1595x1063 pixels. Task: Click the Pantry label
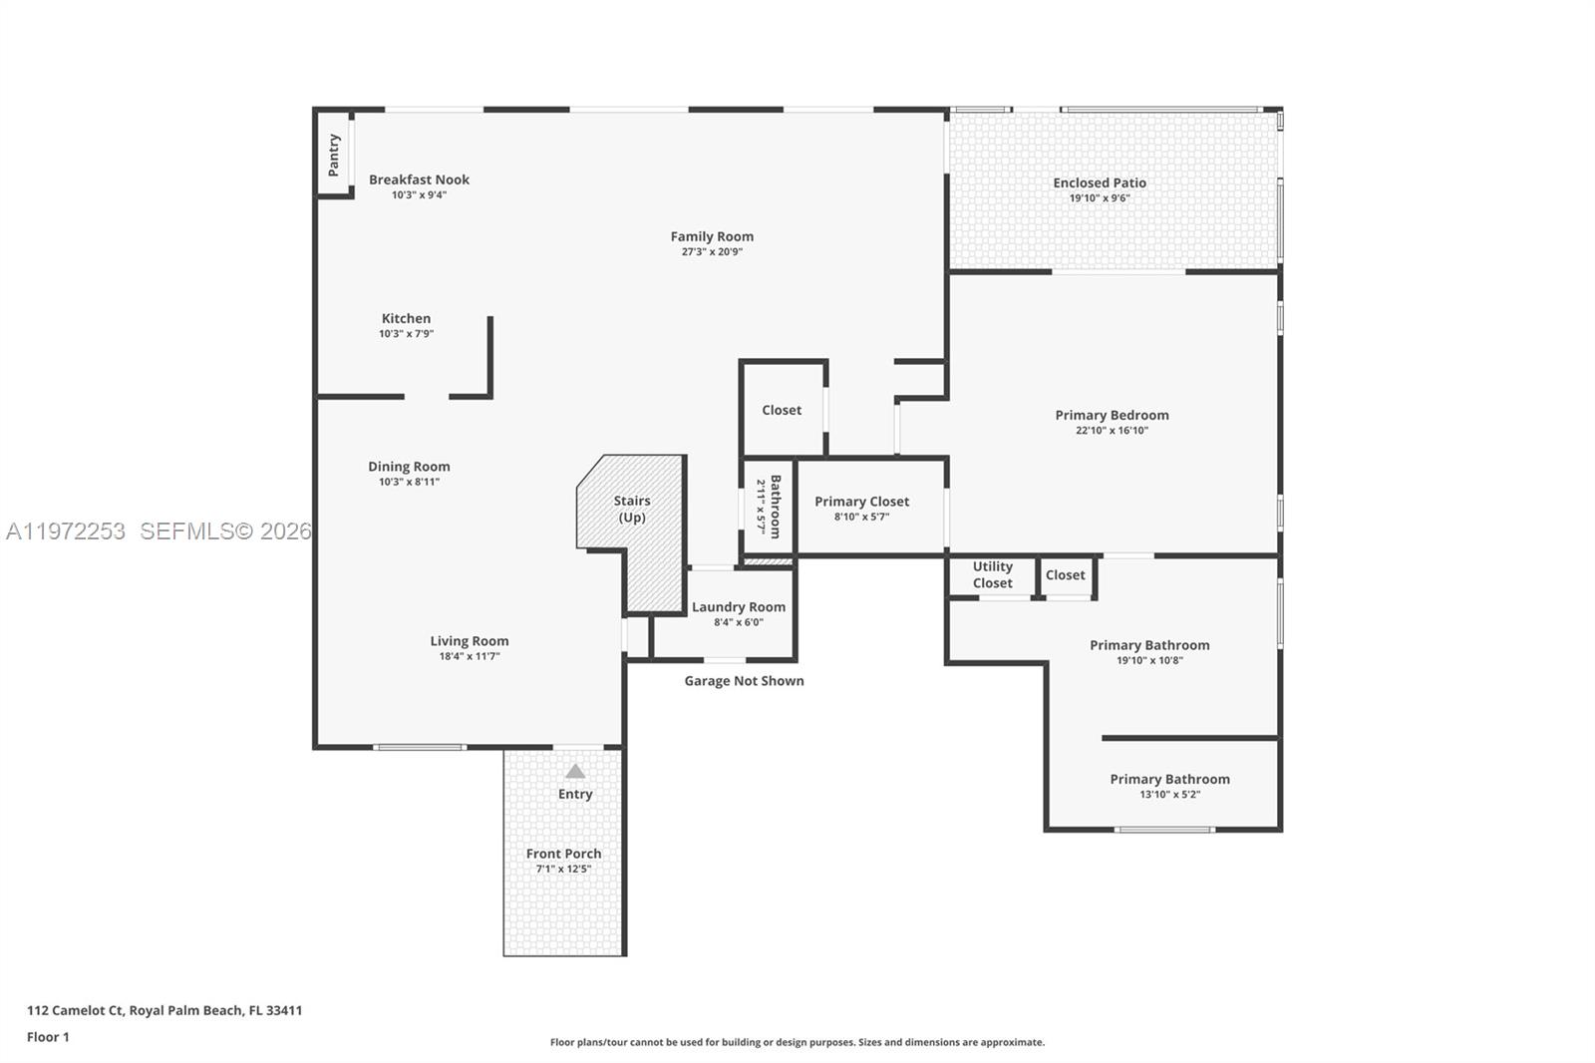pos(334,155)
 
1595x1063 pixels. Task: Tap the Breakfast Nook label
pos(419,180)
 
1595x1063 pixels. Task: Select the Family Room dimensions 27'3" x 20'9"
pos(712,252)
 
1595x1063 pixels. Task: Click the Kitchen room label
pos(406,319)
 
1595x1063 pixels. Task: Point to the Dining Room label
pos(409,467)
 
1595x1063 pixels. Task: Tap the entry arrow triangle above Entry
pos(575,771)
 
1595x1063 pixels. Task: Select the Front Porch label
pos(563,854)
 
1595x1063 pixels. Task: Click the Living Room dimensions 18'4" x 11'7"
pos(470,656)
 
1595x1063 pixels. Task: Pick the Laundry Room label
pos(739,607)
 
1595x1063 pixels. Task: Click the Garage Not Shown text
pos(744,681)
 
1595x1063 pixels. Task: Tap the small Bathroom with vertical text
pos(769,507)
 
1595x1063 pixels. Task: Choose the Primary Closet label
pos(861,502)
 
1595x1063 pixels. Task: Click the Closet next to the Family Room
pos(782,410)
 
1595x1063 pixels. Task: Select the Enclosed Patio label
pos(1100,183)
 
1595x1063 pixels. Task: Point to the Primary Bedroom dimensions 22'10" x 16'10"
pos(1112,431)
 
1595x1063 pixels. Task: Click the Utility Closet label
pos(992,574)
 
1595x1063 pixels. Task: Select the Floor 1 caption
pos(48,1037)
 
